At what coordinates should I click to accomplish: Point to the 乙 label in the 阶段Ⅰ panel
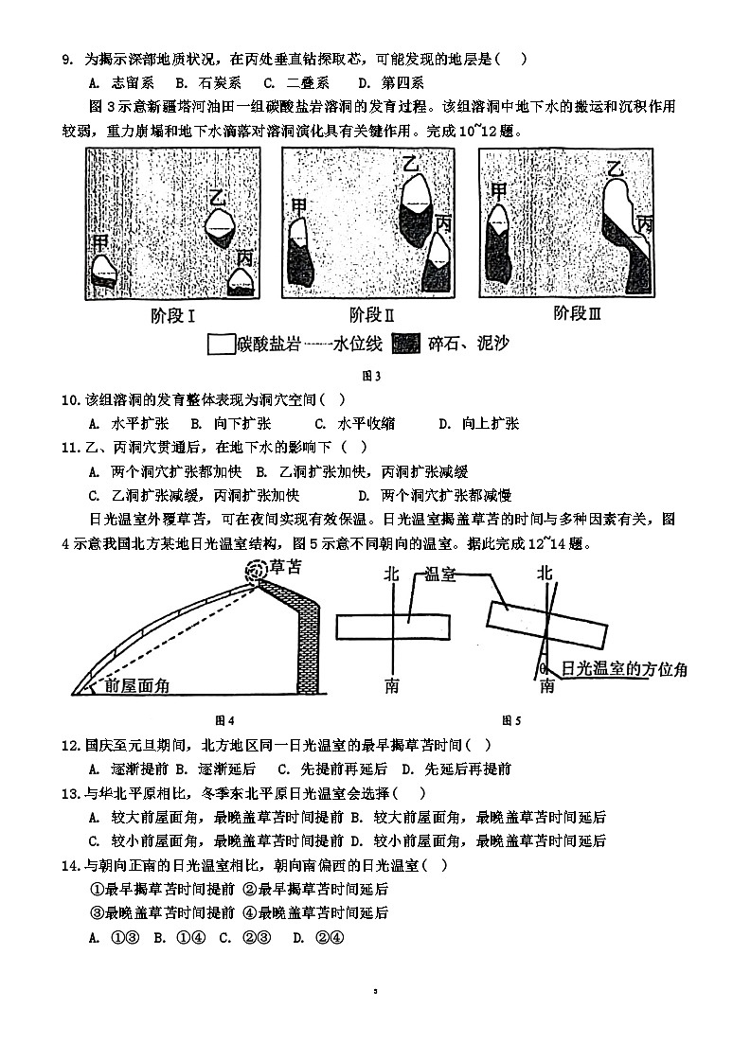click(x=217, y=199)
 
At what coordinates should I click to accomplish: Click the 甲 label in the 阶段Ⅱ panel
click(x=298, y=207)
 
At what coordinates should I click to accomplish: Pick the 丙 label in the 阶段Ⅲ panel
click(x=645, y=224)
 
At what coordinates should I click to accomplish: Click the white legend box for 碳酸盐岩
click(x=220, y=344)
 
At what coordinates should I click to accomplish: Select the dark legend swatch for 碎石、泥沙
click(x=405, y=344)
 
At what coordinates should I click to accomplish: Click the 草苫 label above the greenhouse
click(x=285, y=568)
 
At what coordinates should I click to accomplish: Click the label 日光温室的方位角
click(x=624, y=669)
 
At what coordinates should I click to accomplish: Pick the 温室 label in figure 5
click(x=440, y=575)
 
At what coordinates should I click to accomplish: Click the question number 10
click(x=71, y=398)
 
